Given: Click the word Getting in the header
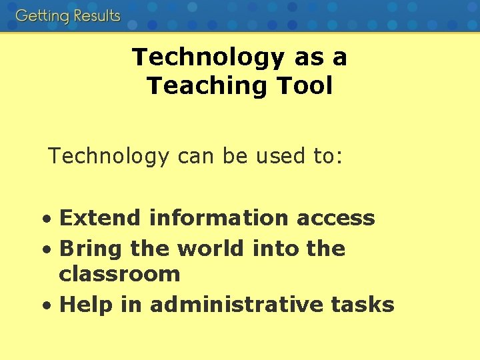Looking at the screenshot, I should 41,16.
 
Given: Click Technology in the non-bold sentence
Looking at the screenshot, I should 109,157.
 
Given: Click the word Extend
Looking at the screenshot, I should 100,218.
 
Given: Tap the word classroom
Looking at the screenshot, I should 119,274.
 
